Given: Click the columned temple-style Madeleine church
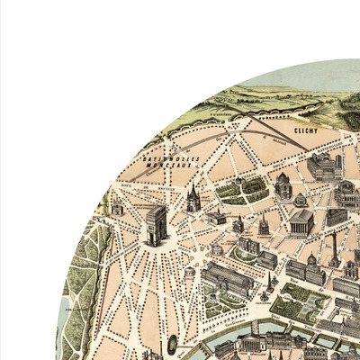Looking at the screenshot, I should [x=301, y=220].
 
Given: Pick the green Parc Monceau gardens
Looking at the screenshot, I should [x=240, y=190].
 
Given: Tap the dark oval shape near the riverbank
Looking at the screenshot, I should [x=172, y=342].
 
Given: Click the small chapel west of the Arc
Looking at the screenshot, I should [x=117, y=207].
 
